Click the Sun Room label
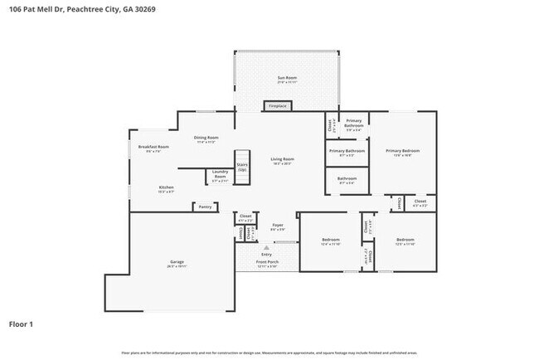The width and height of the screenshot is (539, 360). point(286,79)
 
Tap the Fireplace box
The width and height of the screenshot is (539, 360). point(277,106)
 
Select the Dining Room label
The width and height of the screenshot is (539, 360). point(206,139)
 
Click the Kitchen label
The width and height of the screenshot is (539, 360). point(167,188)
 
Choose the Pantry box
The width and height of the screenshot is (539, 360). point(205,207)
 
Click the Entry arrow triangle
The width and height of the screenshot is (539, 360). point(267,247)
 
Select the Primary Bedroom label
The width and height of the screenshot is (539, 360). point(403,152)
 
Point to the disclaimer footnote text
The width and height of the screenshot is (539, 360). point(269,353)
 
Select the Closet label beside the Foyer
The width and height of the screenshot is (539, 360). point(245,217)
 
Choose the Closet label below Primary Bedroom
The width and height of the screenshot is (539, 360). point(420,202)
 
